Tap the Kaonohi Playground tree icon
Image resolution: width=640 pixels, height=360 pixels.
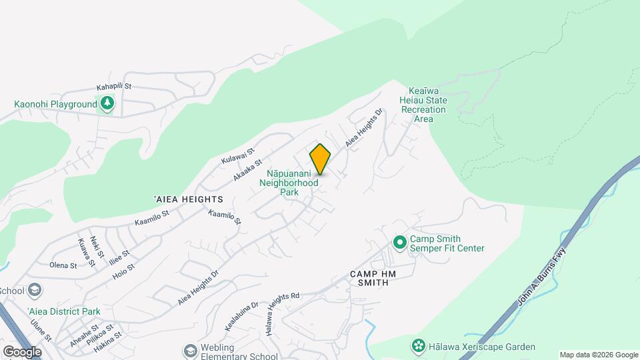coord(107,103)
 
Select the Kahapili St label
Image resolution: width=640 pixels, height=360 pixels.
coord(115,87)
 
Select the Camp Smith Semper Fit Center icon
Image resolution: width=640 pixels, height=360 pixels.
coord(400,242)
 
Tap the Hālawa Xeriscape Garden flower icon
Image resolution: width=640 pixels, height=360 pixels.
coord(418,346)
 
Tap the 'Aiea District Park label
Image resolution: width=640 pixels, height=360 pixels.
coord(60,311)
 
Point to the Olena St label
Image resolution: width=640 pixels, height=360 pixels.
coord(63,265)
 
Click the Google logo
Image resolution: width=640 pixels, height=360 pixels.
coord(22,351)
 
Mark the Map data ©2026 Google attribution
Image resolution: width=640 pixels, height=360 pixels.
coord(599,355)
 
